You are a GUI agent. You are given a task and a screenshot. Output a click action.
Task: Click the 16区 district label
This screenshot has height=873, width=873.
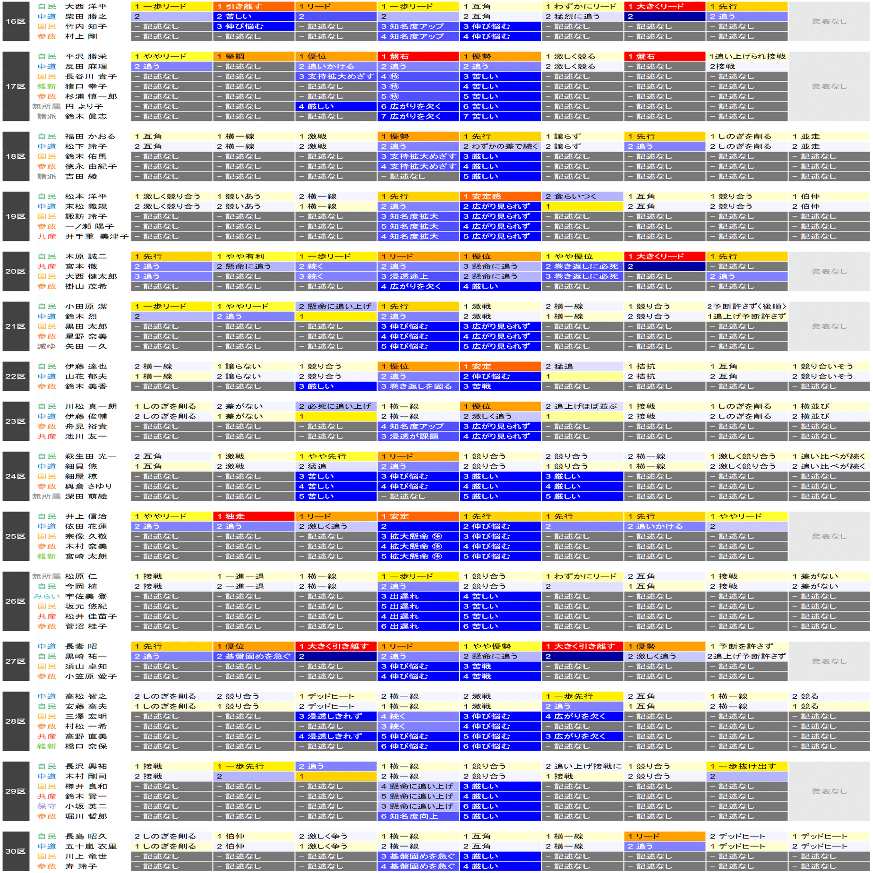(16, 21)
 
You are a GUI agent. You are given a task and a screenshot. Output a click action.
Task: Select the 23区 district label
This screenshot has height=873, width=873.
(16, 421)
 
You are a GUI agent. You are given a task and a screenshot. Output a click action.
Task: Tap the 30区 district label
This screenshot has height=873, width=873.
(16, 851)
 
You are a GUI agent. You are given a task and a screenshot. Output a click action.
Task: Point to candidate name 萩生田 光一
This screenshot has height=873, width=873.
(90, 456)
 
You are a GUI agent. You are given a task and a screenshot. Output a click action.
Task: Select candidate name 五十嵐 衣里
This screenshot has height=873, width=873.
(90, 846)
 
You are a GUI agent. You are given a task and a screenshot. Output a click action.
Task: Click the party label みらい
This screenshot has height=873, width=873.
(46, 596)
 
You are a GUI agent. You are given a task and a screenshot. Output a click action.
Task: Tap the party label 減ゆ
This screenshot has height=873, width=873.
(46, 346)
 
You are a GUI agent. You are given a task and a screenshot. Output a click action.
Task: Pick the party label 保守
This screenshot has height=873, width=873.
(46, 806)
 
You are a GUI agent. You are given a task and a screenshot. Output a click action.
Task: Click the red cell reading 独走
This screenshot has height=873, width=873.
(254, 516)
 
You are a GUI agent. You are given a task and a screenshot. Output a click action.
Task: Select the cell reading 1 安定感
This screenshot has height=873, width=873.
(500, 196)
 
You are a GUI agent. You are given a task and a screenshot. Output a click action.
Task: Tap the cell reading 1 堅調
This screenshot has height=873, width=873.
(254, 56)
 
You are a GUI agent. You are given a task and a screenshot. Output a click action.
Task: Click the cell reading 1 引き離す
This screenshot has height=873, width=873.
(254, 6)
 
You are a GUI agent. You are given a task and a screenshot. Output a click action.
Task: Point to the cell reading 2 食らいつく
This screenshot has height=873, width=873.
(582, 196)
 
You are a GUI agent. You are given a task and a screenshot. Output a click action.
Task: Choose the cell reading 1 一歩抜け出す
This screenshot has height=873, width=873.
(746, 766)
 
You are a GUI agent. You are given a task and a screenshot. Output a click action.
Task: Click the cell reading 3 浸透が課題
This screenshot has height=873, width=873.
(418, 436)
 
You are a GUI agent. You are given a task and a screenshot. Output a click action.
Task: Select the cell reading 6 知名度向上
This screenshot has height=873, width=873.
(418, 816)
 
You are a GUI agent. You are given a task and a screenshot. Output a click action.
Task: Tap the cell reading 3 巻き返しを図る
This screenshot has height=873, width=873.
(418, 386)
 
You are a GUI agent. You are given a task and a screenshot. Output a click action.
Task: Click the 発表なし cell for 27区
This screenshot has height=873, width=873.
(829, 661)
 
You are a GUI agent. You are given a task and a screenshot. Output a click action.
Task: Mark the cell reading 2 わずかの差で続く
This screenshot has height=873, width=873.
(500, 146)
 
